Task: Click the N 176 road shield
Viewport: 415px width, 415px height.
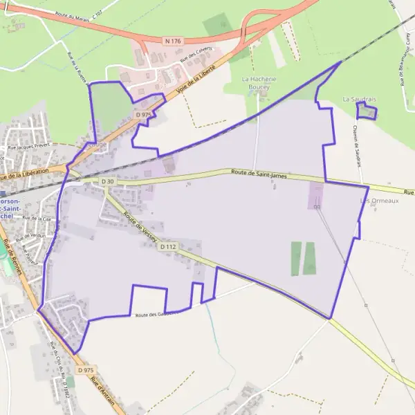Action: point(172,41)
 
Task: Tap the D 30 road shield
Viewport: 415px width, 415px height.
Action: point(107,181)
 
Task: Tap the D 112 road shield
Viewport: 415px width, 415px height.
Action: point(168,246)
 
